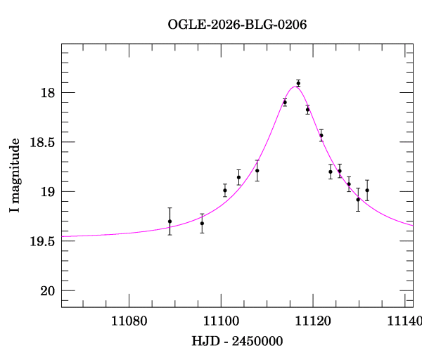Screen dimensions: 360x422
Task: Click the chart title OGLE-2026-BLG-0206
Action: (237, 25)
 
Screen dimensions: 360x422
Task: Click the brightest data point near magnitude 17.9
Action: (298, 83)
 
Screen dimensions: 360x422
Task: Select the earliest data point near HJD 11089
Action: (170, 221)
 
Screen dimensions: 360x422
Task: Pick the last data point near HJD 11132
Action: (367, 191)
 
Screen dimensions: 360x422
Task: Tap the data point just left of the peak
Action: (285, 102)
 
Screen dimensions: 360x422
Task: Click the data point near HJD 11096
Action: (202, 223)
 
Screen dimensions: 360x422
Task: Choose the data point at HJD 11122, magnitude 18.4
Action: (321, 135)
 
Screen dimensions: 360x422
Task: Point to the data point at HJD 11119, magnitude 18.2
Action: (307, 109)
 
